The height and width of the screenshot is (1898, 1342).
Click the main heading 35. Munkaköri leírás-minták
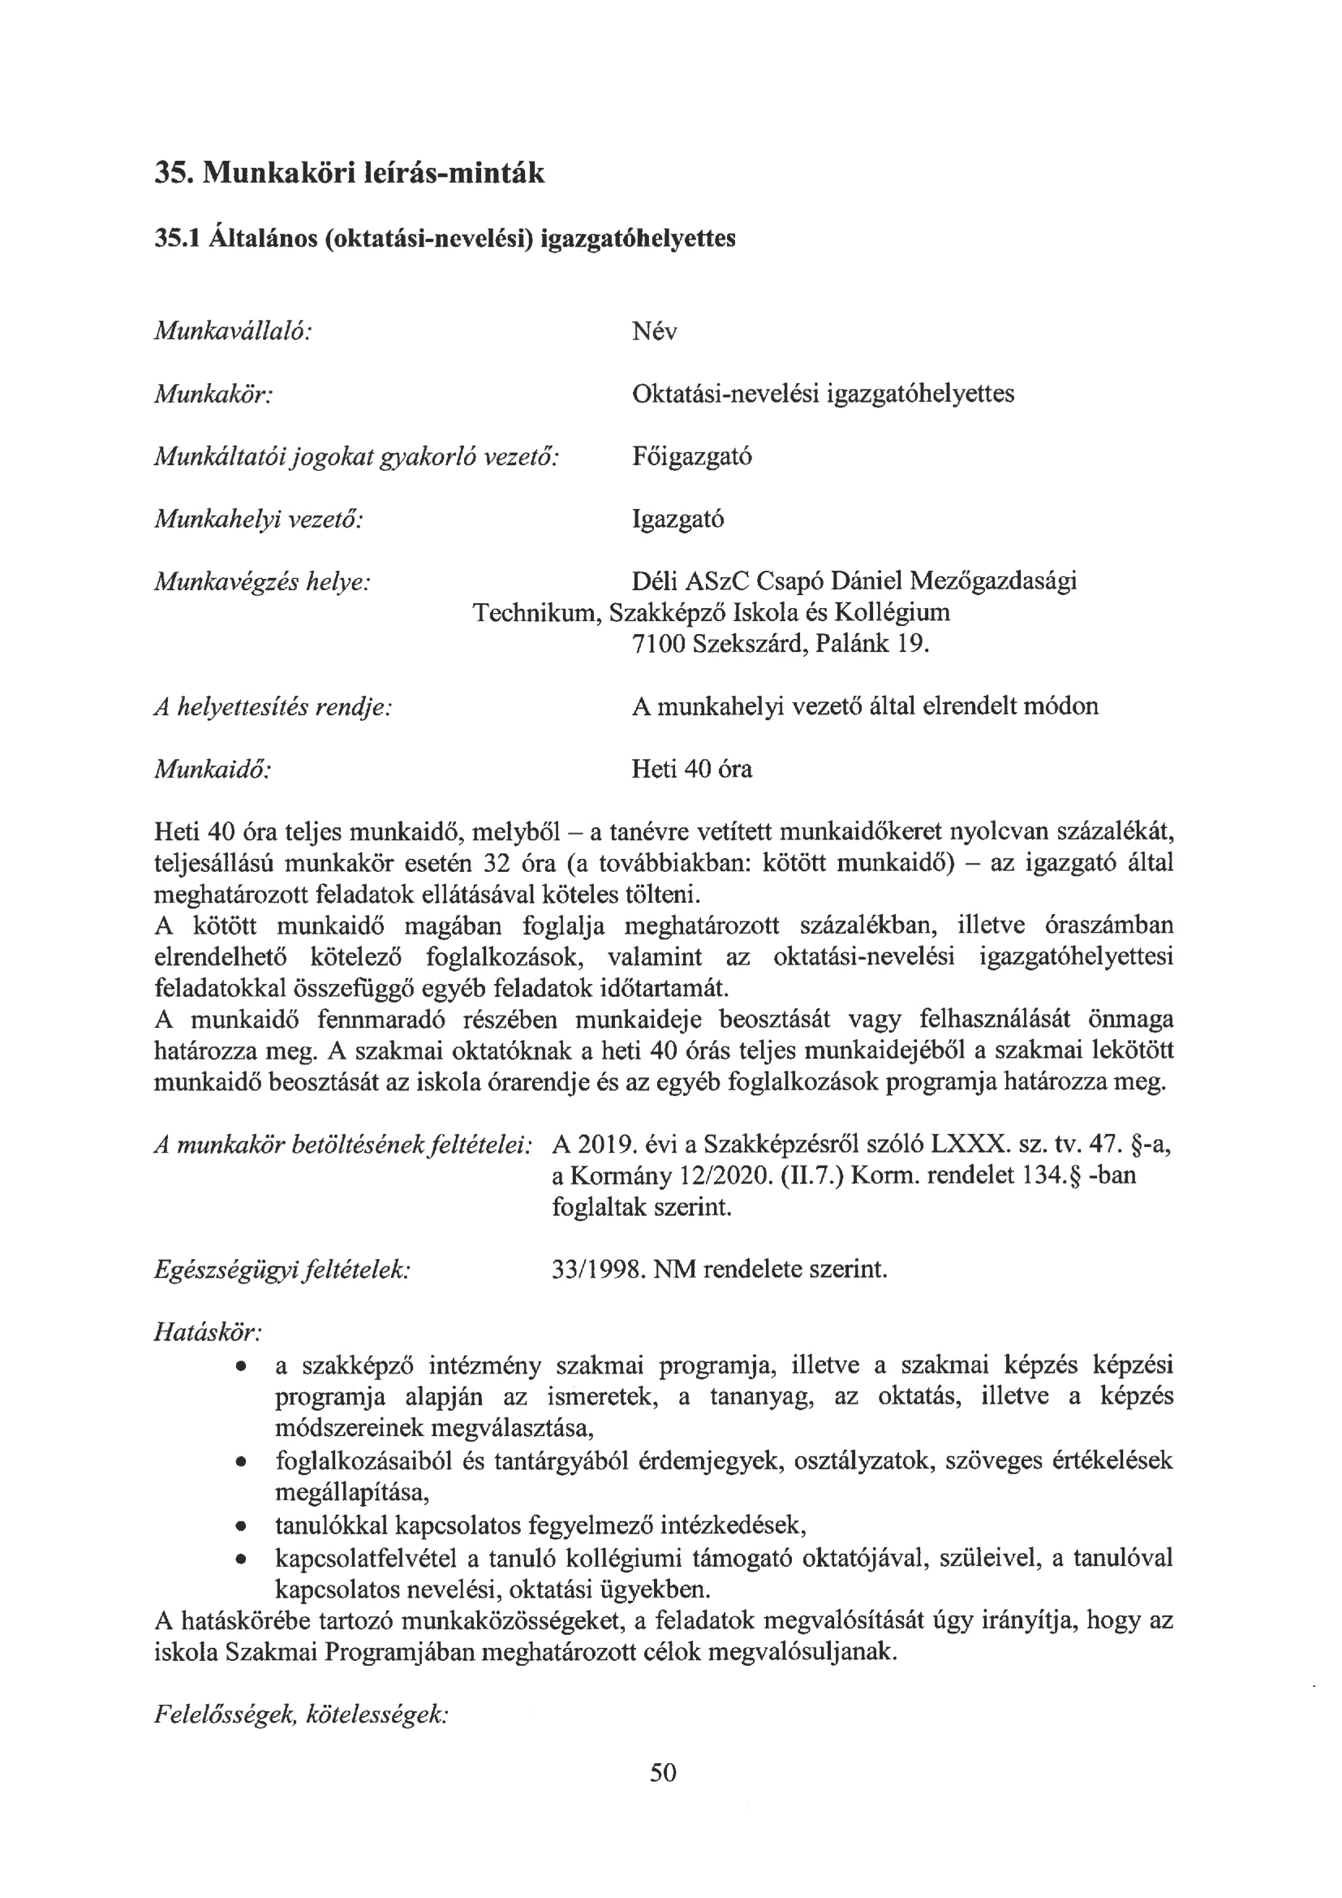350,174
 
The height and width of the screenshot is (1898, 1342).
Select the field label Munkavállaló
233,331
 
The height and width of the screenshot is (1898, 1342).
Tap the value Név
654,331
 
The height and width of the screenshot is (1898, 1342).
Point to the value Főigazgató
691,456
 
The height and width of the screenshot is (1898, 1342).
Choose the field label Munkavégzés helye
262,582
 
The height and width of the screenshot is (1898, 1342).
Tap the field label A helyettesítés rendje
273,707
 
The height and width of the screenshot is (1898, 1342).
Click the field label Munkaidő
213,770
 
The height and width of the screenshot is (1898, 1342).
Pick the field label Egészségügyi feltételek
282,1269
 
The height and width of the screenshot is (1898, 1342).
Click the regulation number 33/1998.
598,1269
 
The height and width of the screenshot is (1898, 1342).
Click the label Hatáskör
209,1331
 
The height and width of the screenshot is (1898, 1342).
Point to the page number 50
664,1795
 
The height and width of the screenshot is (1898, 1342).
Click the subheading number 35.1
179,239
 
